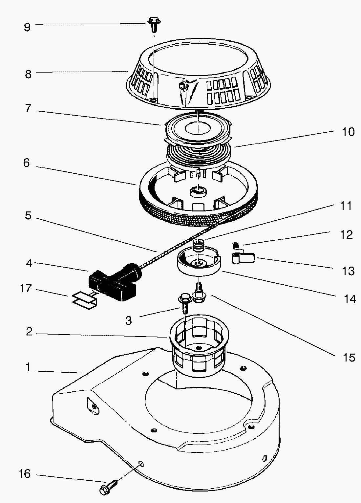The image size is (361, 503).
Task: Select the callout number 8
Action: [x=28, y=74]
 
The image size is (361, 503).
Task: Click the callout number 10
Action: [x=348, y=132]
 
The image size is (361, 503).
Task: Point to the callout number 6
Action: [x=27, y=163]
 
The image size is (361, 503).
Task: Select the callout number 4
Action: [x=29, y=263]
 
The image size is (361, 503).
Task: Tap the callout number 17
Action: [x=26, y=289]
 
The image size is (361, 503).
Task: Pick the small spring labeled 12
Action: [x=235, y=245]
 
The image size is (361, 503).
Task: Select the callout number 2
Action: [x=29, y=332]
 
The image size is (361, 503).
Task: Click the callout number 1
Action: [x=29, y=367]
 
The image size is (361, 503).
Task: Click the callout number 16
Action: [x=25, y=474]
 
